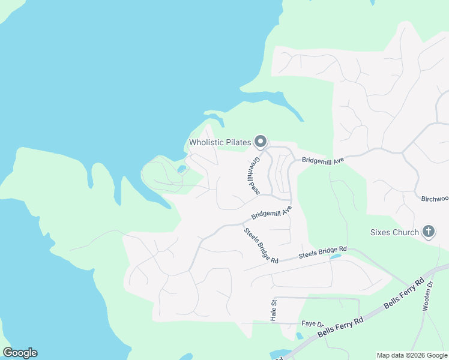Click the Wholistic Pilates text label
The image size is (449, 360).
click(x=219, y=142)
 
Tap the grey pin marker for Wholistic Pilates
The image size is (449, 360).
click(x=261, y=142)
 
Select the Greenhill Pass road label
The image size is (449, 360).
click(x=255, y=176)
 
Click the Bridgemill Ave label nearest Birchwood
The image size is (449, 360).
click(x=322, y=160)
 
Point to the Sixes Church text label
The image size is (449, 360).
click(x=394, y=232)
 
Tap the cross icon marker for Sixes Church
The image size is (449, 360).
click(x=429, y=232)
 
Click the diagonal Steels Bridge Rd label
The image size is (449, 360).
click(x=261, y=245)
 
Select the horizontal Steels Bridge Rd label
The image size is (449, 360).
click(x=323, y=252)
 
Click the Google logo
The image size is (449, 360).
click(x=20, y=353)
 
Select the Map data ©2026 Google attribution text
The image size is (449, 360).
click(x=412, y=355)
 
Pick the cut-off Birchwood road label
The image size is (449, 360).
click(x=435, y=199)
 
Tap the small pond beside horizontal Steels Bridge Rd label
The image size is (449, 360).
click(x=335, y=257)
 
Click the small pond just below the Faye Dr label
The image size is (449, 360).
click(x=299, y=336)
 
